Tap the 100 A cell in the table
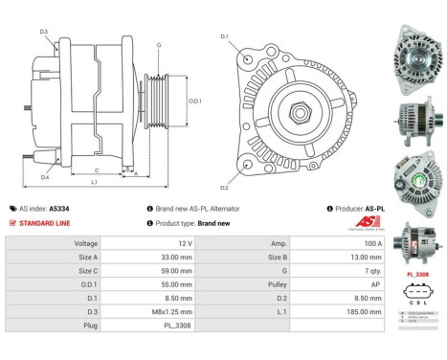[316, 243]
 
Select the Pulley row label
[277, 284]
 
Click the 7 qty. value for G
[316, 271]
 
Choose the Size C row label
[86, 271]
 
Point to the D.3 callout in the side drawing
[44, 32]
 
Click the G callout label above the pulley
[159, 45]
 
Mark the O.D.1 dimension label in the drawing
[194, 101]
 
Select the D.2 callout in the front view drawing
[224, 187]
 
